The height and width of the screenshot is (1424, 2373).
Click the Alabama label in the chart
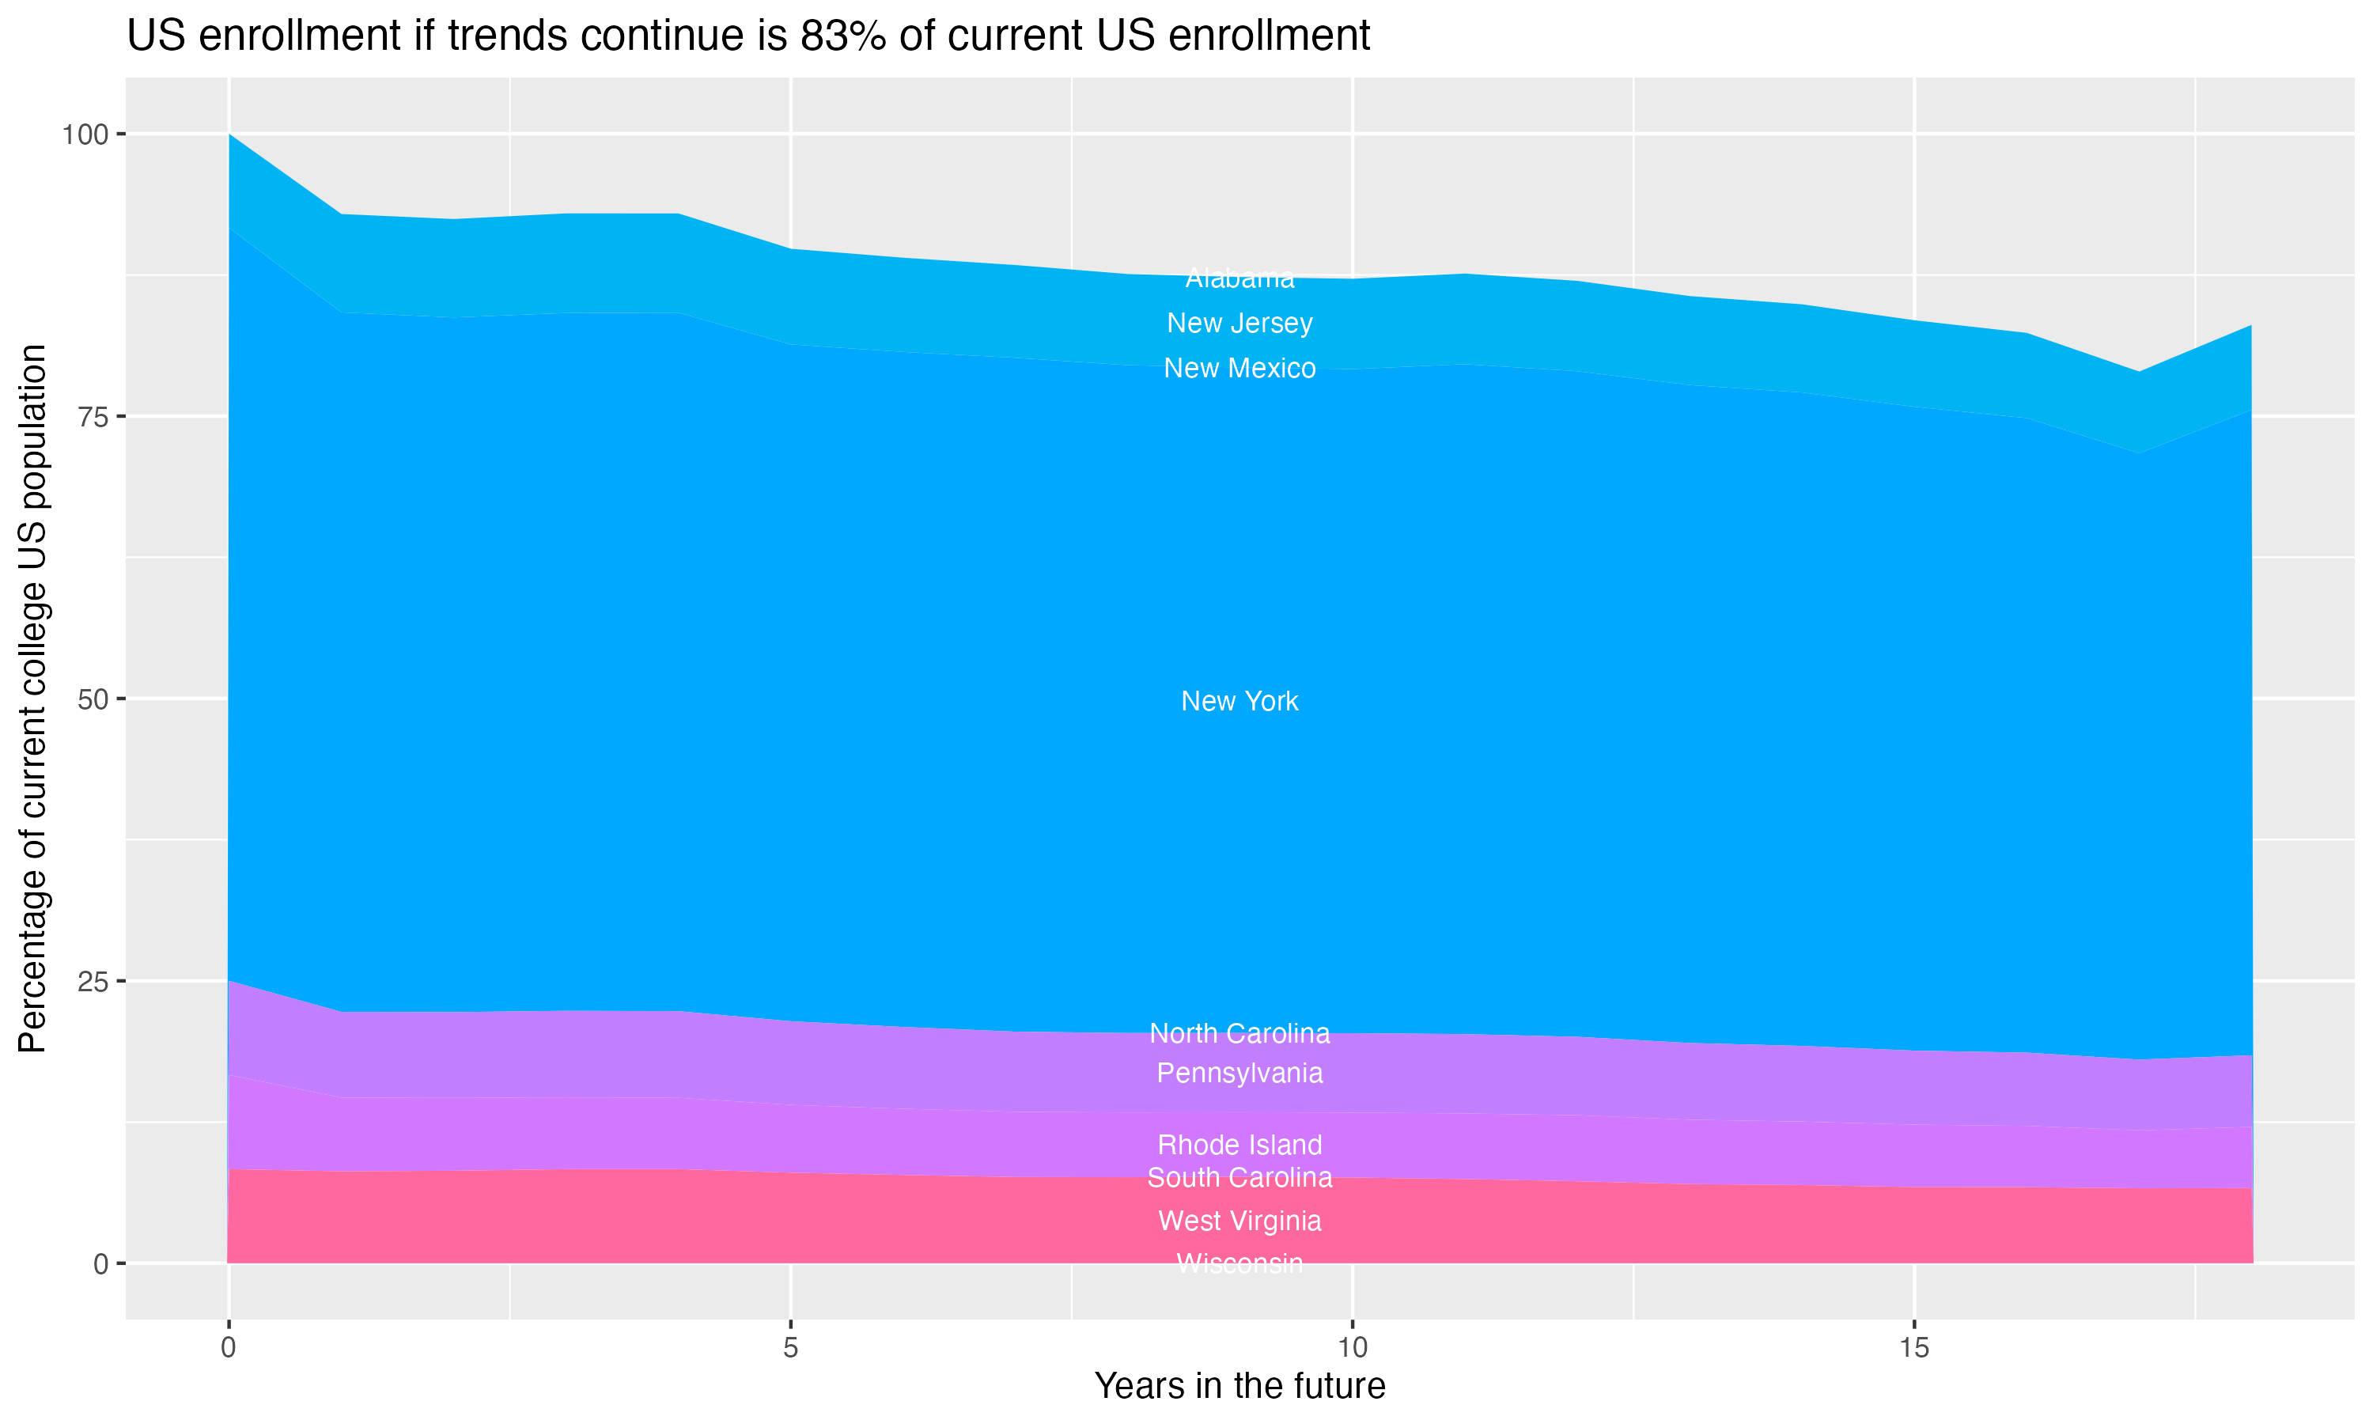pyautogui.click(x=1239, y=278)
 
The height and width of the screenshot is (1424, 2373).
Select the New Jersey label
pyautogui.click(x=1239, y=324)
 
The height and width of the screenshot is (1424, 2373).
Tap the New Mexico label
pyautogui.click(x=1239, y=369)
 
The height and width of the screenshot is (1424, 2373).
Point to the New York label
pyautogui.click(x=1239, y=702)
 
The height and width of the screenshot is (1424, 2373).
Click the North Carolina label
pyautogui.click(x=1239, y=1033)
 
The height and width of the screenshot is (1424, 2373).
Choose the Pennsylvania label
pyautogui.click(x=1239, y=1073)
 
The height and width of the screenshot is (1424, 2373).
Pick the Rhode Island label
pyautogui.click(x=1239, y=1145)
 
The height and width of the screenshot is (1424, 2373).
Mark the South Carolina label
pyautogui.click(x=1239, y=1177)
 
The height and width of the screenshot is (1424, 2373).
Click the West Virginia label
pyautogui.click(x=1239, y=1221)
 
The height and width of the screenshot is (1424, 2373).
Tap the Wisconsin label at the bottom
pyautogui.click(x=1239, y=1263)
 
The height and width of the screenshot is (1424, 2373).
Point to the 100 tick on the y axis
pyautogui.click(x=85, y=134)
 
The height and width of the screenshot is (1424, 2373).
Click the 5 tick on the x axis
pyautogui.click(x=790, y=1348)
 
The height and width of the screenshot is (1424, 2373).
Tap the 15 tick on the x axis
pyautogui.click(x=1913, y=1348)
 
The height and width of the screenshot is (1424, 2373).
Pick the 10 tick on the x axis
pyautogui.click(x=1352, y=1348)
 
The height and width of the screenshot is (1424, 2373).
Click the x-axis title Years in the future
pyautogui.click(x=1239, y=1385)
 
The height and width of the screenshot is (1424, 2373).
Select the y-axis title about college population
pyautogui.click(x=32, y=698)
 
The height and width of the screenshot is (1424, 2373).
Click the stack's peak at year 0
pyautogui.click(x=229, y=135)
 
